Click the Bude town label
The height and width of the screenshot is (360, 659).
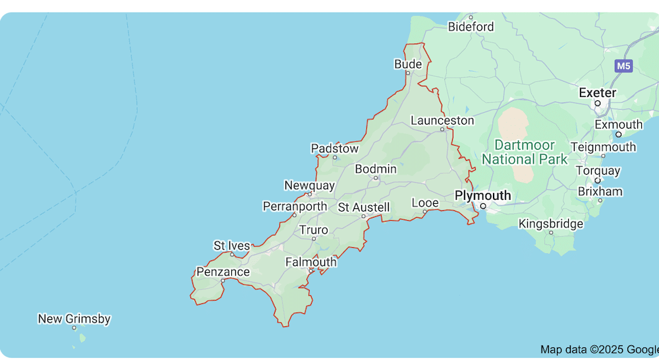[408, 64]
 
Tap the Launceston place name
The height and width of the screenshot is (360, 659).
[442, 121]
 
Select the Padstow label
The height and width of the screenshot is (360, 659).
[335, 149]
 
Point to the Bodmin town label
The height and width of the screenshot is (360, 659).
[376, 169]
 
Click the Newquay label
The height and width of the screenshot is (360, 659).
[310, 185]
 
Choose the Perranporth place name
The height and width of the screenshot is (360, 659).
[295, 206]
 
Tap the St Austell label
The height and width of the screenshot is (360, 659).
[364, 207]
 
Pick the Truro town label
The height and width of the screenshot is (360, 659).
[313, 230]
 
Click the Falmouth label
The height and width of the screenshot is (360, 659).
[311, 262]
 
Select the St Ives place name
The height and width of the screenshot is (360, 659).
[232, 246]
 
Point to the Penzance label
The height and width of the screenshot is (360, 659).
[223, 272]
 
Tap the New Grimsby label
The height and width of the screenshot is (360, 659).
[74, 319]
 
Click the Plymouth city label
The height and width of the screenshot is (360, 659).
[482, 196]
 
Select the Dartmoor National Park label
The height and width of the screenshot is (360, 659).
[525, 152]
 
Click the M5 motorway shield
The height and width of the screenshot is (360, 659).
[623, 66]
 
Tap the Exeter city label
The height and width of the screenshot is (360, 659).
[597, 93]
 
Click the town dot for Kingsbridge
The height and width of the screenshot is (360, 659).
[551, 233]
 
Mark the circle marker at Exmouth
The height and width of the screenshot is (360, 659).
[618, 135]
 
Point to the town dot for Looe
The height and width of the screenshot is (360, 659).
[425, 212]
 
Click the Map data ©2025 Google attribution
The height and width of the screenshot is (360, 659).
[598, 349]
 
